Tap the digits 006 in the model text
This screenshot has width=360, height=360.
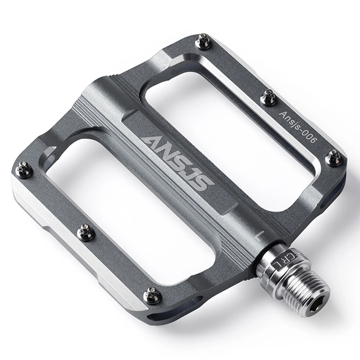pos(309,137)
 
